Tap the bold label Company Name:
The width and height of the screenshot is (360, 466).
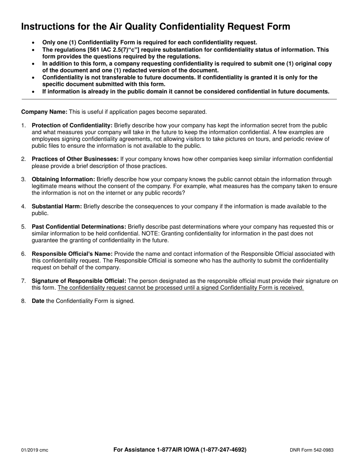[x=44, y=112]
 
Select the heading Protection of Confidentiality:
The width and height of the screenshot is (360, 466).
[x=72, y=125]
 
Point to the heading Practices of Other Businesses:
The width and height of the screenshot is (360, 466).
[x=75, y=159]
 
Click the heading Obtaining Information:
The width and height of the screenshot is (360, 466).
[x=63, y=179]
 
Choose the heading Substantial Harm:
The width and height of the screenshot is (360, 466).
[x=57, y=206]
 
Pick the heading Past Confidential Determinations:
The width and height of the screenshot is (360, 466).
[x=79, y=227]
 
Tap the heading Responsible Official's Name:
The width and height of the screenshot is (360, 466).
[x=72, y=254]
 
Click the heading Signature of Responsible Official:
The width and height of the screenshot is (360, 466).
[x=79, y=281]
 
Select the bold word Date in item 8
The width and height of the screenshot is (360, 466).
[x=38, y=301]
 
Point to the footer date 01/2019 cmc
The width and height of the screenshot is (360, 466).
[x=34, y=450]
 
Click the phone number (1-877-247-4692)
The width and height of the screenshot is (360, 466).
[x=217, y=450]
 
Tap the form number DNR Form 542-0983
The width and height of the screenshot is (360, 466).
[x=311, y=450]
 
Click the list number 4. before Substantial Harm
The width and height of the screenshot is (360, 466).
[x=23, y=206]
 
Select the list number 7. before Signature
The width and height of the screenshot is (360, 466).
[x=23, y=281]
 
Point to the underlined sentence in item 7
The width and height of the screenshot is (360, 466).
[x=181, y=288]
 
